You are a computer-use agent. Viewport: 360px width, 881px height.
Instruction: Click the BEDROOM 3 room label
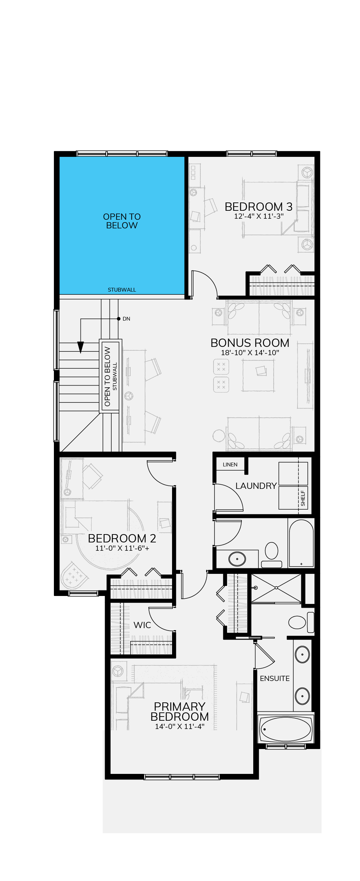coord(258,207)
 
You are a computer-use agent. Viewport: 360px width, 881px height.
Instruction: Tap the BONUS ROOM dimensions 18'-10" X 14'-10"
coord(250,353)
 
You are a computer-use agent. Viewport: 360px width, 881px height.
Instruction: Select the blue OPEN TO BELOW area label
coord(122,221)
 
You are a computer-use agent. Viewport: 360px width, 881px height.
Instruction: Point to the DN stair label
coord(126,319)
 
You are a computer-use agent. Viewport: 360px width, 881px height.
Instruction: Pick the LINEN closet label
coord(230,465)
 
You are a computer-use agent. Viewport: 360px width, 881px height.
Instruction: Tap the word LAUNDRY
coord(256,486)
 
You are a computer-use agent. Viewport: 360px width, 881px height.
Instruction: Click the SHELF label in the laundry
coord(303,498)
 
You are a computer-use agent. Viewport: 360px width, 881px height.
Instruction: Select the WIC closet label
coord(142,625)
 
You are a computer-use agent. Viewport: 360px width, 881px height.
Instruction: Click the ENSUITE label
coord(275,679)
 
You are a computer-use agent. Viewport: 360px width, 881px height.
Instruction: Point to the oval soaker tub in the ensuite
coord(285,729)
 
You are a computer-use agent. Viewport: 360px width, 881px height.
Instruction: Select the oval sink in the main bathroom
coord(237,559)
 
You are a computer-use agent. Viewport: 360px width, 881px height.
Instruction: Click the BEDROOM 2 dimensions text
coord(122,548)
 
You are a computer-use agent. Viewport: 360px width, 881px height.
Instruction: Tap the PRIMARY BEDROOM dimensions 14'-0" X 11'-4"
coord(180,727)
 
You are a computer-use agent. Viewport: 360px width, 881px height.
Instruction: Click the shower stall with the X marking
coord(276,588)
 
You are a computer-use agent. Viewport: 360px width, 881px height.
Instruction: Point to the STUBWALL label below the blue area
coord(122,290)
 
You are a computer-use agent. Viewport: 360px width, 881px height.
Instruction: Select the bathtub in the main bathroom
coord(301,543)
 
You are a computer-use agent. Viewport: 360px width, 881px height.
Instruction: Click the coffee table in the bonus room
coord(258,375)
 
